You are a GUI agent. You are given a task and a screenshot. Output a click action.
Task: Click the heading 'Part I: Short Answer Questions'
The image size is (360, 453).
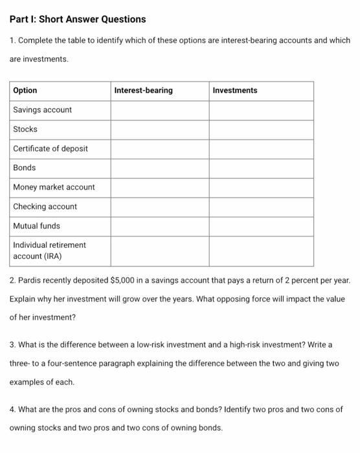tap(78, 19)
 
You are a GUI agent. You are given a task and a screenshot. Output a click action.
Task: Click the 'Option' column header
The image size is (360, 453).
tap(25, 91)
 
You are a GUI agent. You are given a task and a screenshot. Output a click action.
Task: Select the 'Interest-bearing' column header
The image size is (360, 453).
tap(143, 91)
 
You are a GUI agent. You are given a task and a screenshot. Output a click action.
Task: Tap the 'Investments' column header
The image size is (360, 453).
tap(234, 91)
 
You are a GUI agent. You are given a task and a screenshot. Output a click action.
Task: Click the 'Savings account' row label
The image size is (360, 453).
tap(43, 110)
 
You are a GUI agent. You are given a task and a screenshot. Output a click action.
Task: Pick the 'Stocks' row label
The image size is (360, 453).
tap(25, 129)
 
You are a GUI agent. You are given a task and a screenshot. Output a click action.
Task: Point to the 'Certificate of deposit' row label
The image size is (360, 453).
tap(51, 149)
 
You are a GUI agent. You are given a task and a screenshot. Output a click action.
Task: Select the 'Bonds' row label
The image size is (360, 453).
tap(25, 168)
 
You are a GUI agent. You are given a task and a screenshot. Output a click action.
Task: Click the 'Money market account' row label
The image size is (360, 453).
tap(54, 188)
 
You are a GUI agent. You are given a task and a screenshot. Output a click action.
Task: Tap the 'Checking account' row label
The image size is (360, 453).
tap(45, 207)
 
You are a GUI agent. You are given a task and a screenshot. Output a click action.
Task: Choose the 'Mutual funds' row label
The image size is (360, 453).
tap(36, 226)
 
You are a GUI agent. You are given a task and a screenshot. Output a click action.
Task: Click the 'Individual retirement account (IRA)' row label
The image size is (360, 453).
tap(49, 250)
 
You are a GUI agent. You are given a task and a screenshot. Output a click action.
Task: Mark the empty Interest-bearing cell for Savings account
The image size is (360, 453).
tap(159, 110)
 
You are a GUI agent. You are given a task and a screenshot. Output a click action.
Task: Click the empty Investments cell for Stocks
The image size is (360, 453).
tap(261, 129)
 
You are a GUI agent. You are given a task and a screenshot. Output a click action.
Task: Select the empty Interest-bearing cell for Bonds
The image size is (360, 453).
tap(159, 168)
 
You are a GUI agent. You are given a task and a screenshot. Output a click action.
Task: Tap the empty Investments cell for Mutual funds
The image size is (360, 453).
tap(261, 226)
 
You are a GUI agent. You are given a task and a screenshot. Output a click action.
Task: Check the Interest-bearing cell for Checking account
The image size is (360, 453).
tap(159, 207)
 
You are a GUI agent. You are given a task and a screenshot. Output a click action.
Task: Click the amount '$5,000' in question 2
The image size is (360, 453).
tap(123, 282)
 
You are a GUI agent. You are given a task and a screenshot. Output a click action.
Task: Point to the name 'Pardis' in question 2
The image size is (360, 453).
tap(32, 282)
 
